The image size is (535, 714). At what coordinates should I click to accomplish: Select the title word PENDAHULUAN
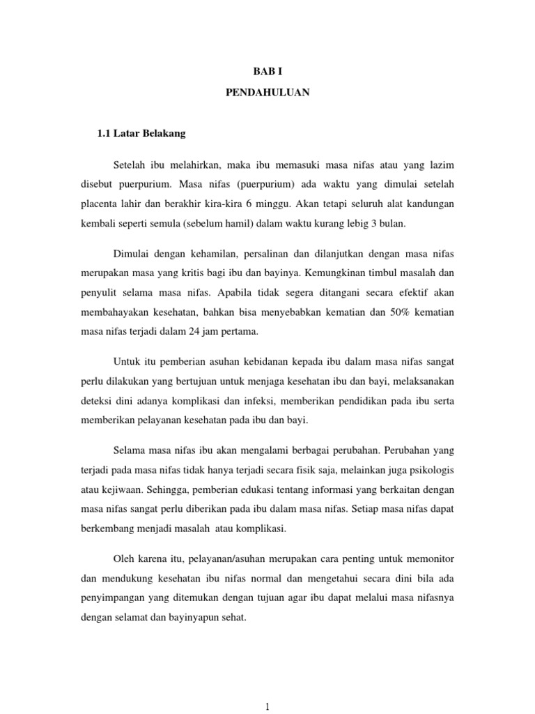click(x=267, y=92)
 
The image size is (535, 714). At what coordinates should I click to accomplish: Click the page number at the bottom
click(x=267, y=706)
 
